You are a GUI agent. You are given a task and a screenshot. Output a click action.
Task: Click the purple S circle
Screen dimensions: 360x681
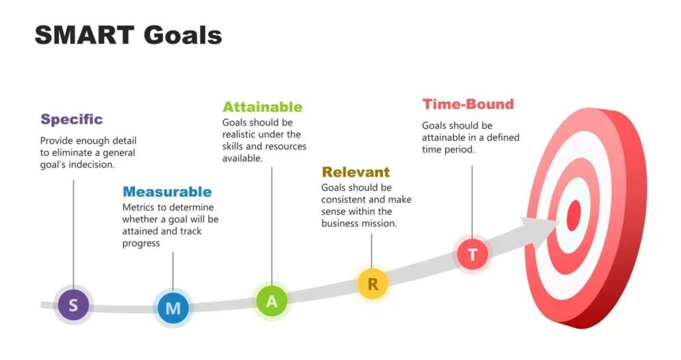73,305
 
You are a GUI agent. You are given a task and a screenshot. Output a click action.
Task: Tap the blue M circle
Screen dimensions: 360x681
173,308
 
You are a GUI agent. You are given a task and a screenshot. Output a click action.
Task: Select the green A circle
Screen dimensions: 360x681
271,301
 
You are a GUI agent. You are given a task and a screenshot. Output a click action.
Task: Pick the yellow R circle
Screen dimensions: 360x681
372,284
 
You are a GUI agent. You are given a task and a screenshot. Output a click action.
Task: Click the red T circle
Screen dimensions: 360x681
473,254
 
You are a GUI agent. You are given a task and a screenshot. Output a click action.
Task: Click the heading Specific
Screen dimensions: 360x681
72,120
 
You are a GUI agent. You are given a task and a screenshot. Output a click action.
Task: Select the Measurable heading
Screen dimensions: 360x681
167,192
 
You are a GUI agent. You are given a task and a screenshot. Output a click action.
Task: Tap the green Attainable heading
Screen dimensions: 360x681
262,107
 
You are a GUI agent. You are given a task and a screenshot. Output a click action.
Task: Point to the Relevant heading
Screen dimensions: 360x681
355,173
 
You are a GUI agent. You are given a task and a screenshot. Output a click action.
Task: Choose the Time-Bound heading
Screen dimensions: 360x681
468,104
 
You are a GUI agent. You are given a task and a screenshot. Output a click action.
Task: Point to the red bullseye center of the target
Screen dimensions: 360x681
573,215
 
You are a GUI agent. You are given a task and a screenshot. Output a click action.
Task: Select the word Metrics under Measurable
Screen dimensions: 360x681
138,207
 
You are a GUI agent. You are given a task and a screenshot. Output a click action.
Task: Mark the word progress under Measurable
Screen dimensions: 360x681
141,244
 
